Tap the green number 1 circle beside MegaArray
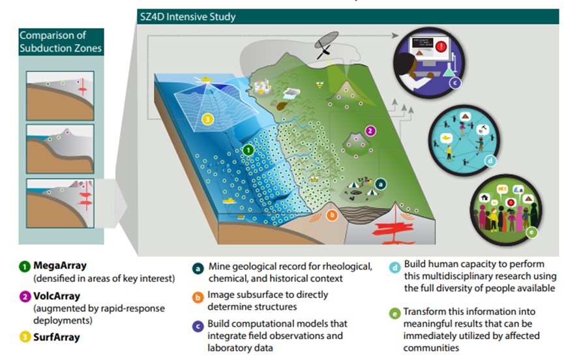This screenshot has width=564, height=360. point(24,267)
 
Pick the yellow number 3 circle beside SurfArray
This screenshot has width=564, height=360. point(24,337)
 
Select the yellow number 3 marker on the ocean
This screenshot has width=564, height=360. point(207,119)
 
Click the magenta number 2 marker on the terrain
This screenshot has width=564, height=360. point(371,130)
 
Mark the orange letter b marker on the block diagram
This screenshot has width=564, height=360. point(332,214)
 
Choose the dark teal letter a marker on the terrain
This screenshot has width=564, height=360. point(381,185)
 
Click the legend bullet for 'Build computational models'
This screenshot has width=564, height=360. point(196,324)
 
